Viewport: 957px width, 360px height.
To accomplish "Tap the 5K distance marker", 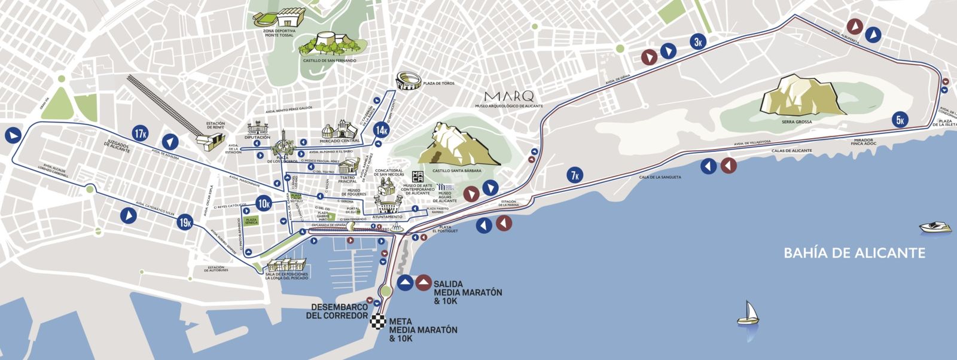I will point(900,120).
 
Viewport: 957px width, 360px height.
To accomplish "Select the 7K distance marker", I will point(575,175).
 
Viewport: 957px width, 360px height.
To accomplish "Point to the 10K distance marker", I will point(264,203).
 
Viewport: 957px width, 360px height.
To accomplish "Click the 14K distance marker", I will point(382,130).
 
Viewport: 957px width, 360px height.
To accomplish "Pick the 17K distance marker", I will point(141,133).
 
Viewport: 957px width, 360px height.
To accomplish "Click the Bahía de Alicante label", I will point(854,253).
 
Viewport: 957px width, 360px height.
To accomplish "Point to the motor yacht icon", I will point(935,227).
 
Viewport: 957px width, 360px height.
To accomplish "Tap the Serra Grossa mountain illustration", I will point(802,96).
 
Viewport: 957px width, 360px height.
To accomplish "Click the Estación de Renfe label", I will point(215,126).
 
